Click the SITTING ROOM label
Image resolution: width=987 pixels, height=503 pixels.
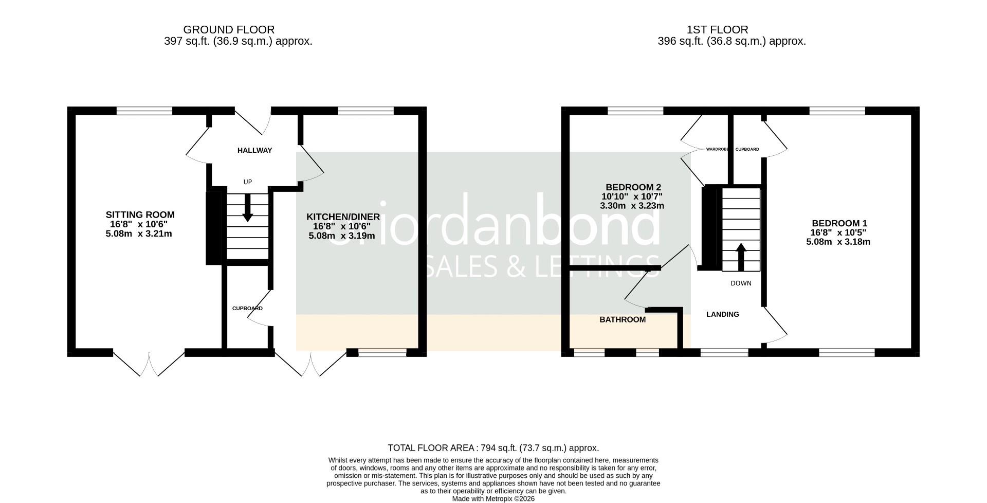click(x=140, y=215)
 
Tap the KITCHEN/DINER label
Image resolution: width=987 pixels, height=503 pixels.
click(x=343, y=217)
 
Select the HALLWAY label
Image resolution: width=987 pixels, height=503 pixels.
click(x=254, y=151)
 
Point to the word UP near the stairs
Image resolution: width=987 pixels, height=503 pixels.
click(x=248, y=182)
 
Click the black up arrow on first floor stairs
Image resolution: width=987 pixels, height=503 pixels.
click(x=741, y=256)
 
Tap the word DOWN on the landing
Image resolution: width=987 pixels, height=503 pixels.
click(x=741, y=283)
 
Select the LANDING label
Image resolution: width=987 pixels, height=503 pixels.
click(x=722, y=314)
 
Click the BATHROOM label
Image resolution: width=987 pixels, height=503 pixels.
click(x=622, y=320)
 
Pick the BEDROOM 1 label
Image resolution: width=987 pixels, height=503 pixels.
click(x=839, y=223)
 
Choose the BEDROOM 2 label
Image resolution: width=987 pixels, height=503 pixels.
click(x=633, y=187)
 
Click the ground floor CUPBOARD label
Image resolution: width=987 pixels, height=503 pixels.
click(x=247, y=309)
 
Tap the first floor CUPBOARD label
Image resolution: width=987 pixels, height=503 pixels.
click(x=747, y=150)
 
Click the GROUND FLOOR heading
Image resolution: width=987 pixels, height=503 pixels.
click(x=229, y=30)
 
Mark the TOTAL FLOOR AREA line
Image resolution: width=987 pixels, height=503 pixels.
click(x=493, y=448)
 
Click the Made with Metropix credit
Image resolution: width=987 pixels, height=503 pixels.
click(x=493, y=499)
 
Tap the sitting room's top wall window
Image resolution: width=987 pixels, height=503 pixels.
click(x=144, y=111)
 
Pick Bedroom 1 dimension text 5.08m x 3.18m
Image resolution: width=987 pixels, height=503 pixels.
click(x=838, y=242)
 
